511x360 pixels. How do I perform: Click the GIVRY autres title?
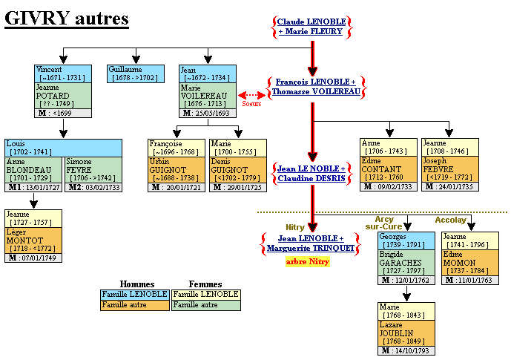[67, 19]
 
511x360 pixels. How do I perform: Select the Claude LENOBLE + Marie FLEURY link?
[311, 27]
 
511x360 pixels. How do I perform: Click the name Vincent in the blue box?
[49, 68]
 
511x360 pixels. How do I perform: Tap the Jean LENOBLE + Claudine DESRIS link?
[311, 174]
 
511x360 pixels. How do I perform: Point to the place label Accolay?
[450, 220]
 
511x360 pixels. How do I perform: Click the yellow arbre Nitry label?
[307, 262]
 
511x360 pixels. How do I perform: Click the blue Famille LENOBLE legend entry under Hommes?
[134, 294]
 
